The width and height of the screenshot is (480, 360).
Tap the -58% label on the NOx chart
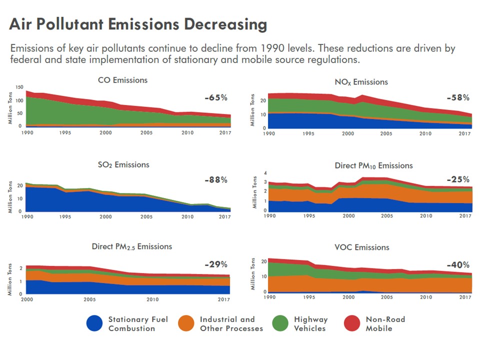pos(458,97)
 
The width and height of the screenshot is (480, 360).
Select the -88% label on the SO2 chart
pos(216,180)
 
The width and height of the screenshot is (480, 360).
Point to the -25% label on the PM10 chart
pos(458,179)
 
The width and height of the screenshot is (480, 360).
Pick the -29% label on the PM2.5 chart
pos(216,264)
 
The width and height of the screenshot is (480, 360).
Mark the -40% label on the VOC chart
pos(458,265)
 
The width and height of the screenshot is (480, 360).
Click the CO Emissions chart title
pos(122,80)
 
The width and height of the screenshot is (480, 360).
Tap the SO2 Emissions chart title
pos(123,164)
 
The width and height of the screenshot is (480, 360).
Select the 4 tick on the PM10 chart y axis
pos(265,173)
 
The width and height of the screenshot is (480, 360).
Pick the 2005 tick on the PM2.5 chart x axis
pos(89,300)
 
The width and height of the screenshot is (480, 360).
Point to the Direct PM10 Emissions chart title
pos(373,165)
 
